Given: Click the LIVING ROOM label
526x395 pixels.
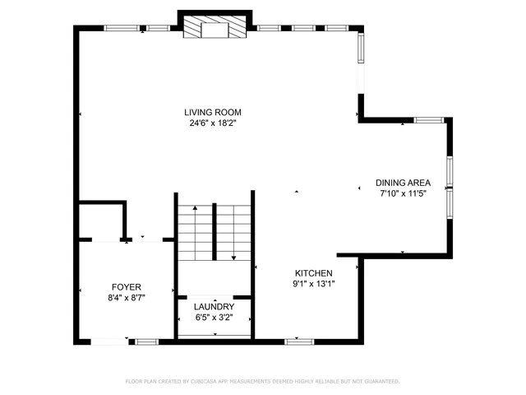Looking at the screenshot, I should [212, 112].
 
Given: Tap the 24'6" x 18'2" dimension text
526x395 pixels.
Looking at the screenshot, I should [212, 123].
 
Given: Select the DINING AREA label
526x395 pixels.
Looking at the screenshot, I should [402, 183].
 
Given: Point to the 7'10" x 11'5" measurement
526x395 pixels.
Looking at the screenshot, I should [402, 193].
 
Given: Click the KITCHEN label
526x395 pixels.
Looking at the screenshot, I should [314, 272].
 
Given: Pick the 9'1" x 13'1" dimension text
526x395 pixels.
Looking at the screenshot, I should [314, 284].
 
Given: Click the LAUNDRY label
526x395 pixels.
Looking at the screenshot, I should [214, 306].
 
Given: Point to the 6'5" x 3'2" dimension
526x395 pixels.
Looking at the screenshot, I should [214, 317].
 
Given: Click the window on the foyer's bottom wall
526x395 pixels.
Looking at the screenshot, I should [147, 341].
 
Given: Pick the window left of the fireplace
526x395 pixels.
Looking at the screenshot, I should [125, 28].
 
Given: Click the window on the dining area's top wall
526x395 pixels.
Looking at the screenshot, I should [428, 120].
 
